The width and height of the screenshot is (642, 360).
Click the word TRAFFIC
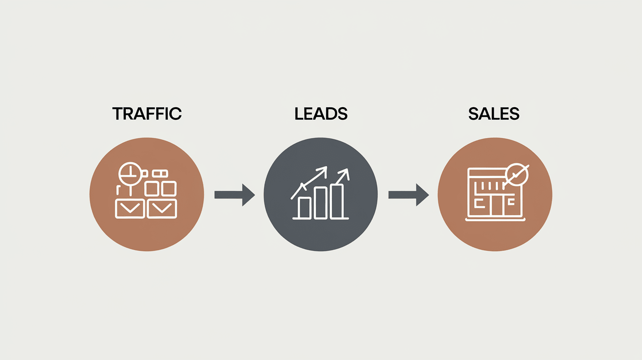click(x=147, y=114)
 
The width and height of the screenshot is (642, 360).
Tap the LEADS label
click(x=321, y=114)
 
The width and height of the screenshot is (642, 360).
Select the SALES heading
click(x=494, y=114)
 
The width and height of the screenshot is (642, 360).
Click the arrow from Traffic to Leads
click(x=235, y=195)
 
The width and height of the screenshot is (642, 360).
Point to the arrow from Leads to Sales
click(x=409, y=195)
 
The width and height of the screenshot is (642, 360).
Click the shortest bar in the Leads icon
click(x=304, y=207)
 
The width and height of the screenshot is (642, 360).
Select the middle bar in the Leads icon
click(x=321, y=202)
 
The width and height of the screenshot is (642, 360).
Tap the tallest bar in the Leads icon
click(x=337, y=201)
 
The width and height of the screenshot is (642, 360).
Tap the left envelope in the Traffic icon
click(x=130, y=209)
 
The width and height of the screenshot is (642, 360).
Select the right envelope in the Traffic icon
click(x=162, y=209)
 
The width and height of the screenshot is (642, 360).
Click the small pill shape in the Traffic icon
click(x=160, y=173)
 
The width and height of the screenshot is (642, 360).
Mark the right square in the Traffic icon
click(x=168, y=188)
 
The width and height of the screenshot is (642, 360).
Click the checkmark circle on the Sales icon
click(x=517, y=174)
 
